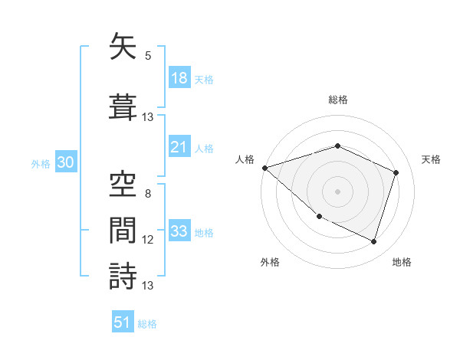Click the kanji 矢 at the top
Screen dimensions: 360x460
point(123,47)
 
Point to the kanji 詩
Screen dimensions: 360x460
point(123,275)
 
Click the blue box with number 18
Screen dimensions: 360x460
point(179,79)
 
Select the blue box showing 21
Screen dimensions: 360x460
point(179,148)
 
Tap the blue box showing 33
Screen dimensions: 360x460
point(179,232)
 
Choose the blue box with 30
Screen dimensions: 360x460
point(65,163)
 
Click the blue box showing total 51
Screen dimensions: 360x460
point(123,322)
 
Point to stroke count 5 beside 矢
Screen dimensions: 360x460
point(148,56)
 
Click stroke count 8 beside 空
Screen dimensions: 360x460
point(148,193)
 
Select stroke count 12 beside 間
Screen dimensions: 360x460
point(148,240)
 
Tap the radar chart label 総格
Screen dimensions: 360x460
point(337,100)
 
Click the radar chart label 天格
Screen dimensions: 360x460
point(432,159)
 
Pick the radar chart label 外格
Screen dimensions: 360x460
point(270,262)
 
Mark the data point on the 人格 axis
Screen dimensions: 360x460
point(264,168)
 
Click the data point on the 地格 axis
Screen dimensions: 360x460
point(373,241)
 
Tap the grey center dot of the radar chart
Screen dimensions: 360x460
point(337,191)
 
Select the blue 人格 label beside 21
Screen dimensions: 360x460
point(204,148)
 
